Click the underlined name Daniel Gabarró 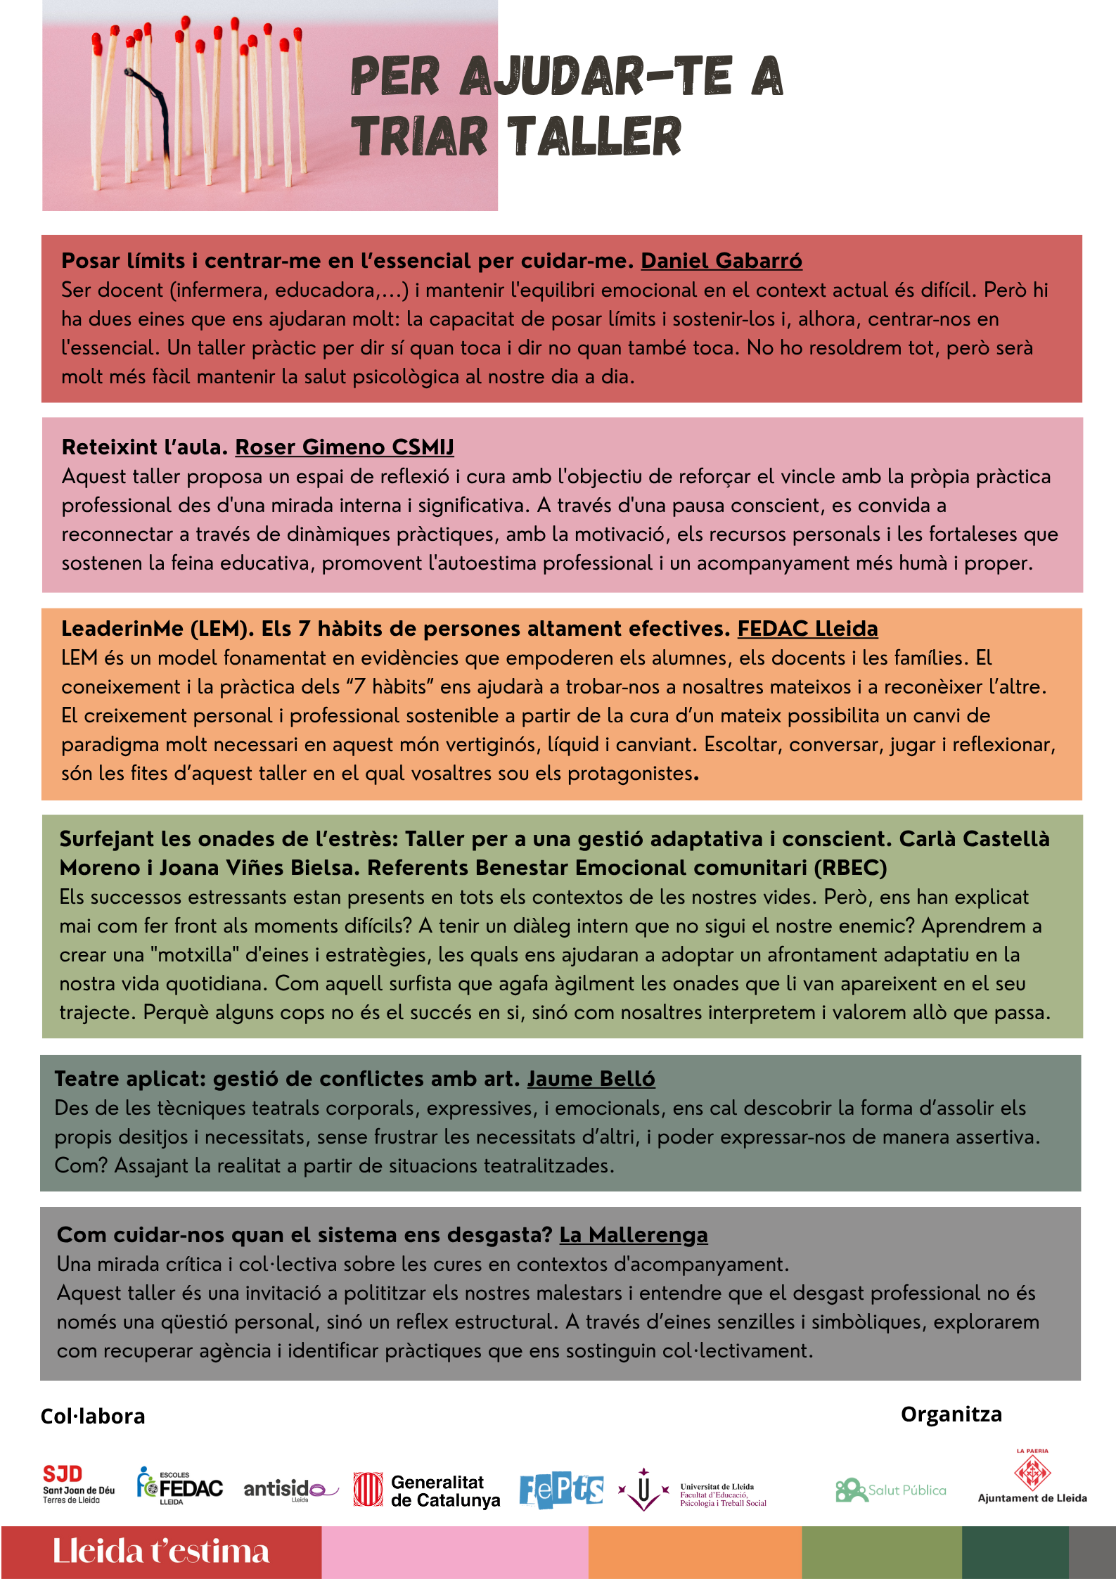(x=721, y=261)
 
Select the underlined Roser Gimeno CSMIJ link (x=344, y=447)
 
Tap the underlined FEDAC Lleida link (x=807, y=629)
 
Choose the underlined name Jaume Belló (x=591, y=1079)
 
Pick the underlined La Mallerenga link (x=633, y=1235)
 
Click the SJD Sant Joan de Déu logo (x=78, y=1484)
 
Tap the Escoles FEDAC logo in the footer (x=180, y=1486)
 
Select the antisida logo (x=290, y=1489)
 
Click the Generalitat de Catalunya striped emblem (x=368, y=1490)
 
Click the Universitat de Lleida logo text (x=722, y=1495)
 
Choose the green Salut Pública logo (x=890, y=1490)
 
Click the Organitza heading (x=951, y=1414)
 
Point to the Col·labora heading (x=93, y=1417)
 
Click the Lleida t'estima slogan (x=161, y=1552)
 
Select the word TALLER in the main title (x=594, y=137)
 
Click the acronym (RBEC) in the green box (x=850, y=868)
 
